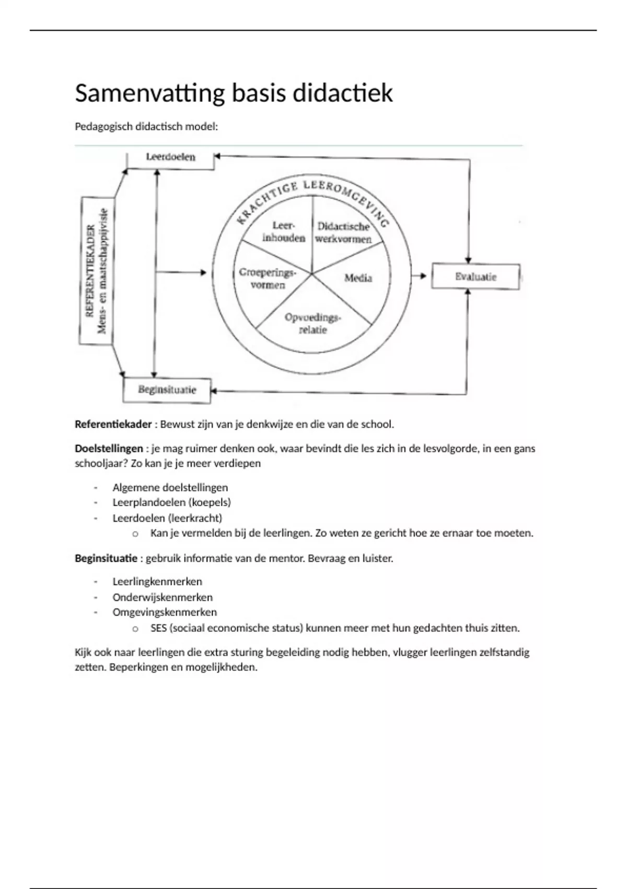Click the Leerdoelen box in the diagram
pyautogui.click(x=170, y=157)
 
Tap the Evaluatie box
pyautogui.click(x=475, y=277)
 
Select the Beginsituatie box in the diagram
pyautogui.click(x=167, y=390)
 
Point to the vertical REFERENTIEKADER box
pyautogui.click(x=96, y=271)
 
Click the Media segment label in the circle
pyautogui.click(x=358, y=278)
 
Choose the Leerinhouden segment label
pyautogui.click(x=284, y=232)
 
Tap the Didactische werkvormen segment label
pyautogui.click(x=343, y=233)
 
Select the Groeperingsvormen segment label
pyautogui.click(x=268, y=278)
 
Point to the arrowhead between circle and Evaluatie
pyautogui.click(x=423, y=276)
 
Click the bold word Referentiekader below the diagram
pyautogui.click(x=113, y=424)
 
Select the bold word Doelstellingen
pyautogui.click(x=109, y=449)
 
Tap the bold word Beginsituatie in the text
pyautogui.click(x=106, y=559)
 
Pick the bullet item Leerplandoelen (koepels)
pyautogui.click(x=171, y=503)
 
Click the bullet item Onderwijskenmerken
pyautogui.click(x=162, y=597)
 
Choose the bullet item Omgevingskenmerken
pyautogui.click(x=165, y=612)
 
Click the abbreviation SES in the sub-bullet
pyautogui.click(x=158, y=628)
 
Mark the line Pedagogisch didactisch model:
pyautogui.click(x=146, y=127)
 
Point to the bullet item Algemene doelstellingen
pyautogui.click(x=170, y=487)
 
